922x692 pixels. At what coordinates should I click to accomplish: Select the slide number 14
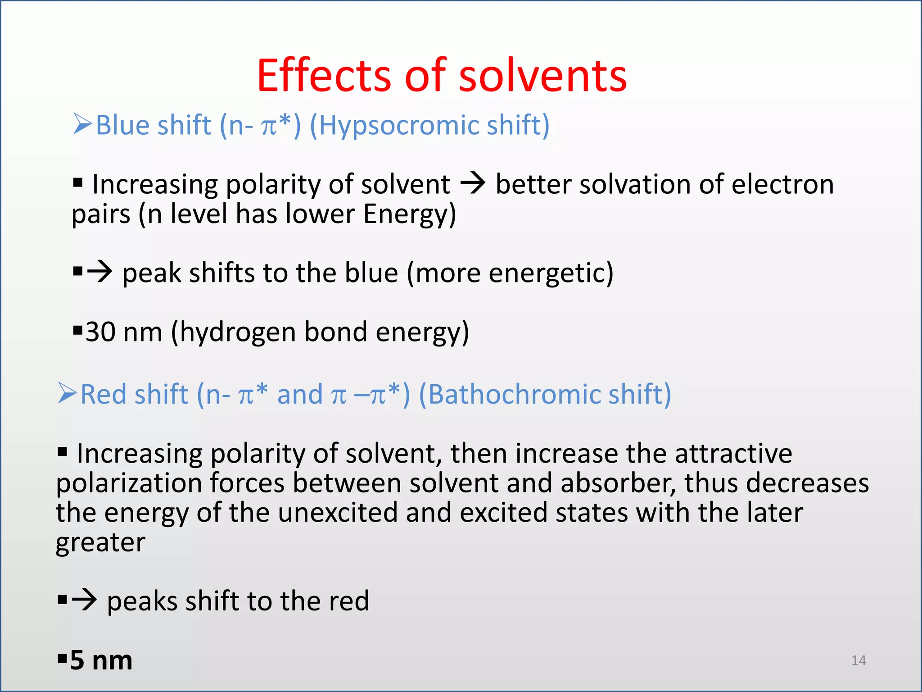pos(859,660)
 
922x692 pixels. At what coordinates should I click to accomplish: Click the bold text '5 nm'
pos(101,660)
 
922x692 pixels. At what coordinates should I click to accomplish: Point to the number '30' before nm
pos(100,332)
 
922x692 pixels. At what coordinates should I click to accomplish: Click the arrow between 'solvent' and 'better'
pos(473,184)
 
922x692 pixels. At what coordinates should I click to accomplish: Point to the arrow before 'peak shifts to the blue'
pos(99,272)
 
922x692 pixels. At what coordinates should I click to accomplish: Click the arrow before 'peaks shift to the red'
pos(84,600)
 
